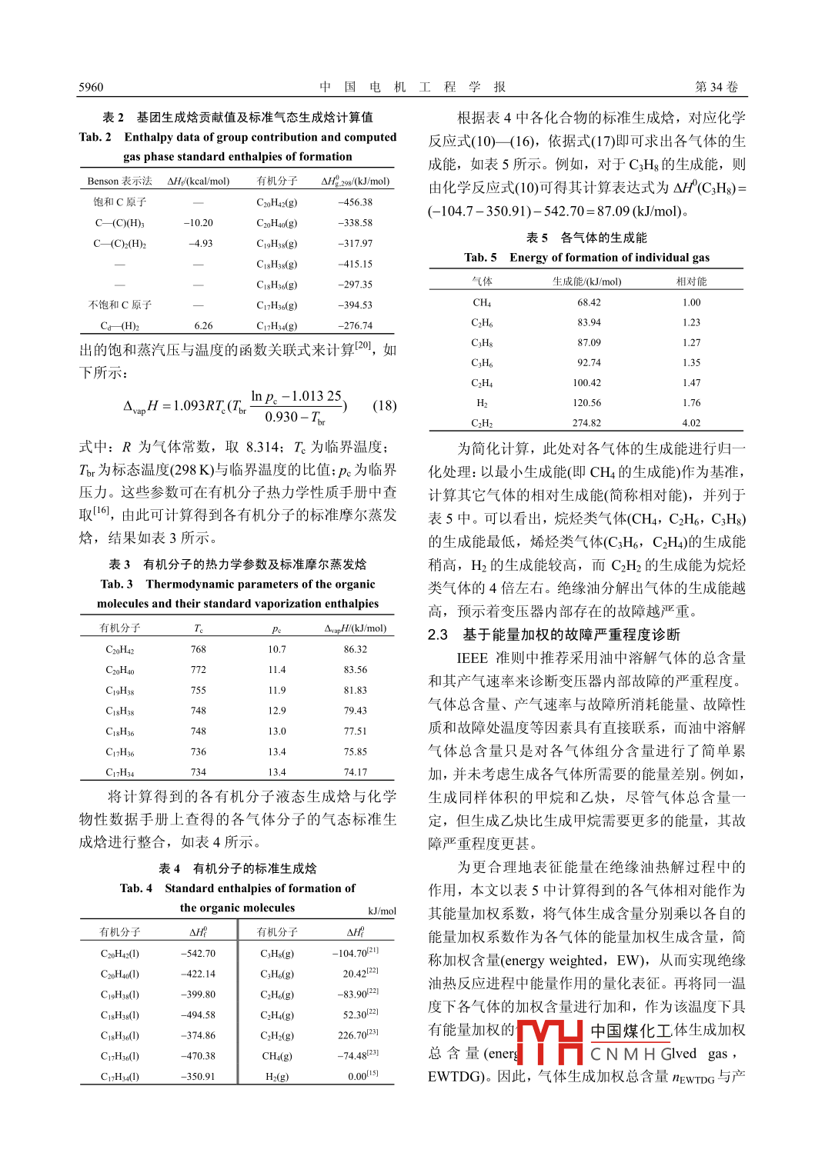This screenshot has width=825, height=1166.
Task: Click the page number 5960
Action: click(91, 87)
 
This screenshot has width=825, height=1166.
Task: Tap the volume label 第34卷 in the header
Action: click(716, 87)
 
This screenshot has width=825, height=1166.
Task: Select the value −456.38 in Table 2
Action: click(355, 202)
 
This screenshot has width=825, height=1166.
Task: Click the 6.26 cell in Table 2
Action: click(203, 325)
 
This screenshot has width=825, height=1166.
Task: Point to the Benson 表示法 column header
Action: click(119, 182)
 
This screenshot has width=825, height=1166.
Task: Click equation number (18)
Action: click(384, 405)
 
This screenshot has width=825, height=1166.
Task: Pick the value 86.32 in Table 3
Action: click(355, 649)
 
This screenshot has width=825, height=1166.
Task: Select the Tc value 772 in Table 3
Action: click(199, 670)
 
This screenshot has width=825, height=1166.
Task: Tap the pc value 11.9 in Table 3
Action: click(277, 690)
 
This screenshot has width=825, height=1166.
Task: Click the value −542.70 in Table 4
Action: click(198, 954)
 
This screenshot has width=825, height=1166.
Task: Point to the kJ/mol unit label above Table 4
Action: click(382, 911)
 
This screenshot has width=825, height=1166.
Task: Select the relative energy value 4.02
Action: click(691, 423)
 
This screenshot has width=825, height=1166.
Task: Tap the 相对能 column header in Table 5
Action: click(691, 282)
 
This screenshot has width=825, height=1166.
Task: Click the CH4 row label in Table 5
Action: click(482, 302)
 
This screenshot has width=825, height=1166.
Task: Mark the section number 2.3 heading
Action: click(438, 635)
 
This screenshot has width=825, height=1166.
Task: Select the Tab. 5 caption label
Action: click(480, 258)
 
